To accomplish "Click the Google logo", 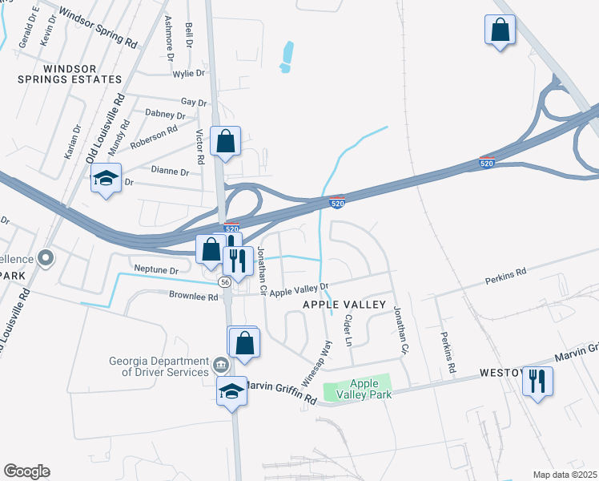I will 26,471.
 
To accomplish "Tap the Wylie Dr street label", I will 189,74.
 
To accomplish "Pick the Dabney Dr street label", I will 165,114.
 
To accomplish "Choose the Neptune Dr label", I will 156,270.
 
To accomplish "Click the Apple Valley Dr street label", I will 299,290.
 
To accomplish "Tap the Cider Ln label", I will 347,329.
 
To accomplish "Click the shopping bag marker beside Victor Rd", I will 226,143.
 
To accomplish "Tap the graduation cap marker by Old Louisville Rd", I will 105,180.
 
